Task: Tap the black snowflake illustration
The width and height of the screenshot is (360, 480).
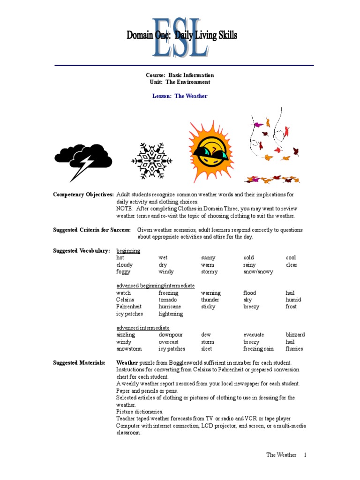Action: (151, 161)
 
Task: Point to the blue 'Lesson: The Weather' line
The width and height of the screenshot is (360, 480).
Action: (180, 96)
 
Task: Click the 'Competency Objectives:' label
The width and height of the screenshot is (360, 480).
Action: (83, 195)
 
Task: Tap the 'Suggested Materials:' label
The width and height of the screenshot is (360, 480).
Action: (79, 363)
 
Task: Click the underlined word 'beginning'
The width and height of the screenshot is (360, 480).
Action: (128, 251)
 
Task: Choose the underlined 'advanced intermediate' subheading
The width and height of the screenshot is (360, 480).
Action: (142, 328)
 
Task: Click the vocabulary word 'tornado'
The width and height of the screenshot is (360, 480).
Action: (167, 300)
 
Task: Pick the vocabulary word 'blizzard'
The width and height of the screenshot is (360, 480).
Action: (295, 335)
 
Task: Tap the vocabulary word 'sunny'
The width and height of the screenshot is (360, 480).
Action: (208, 258)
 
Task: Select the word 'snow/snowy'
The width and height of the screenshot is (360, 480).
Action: (258, 272)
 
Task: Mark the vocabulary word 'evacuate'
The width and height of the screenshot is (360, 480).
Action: (254, 335)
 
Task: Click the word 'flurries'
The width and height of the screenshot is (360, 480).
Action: (294, 349)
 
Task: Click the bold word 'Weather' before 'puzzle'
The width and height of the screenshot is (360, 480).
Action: (127, 363)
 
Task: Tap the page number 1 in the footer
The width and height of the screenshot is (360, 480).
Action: (305, 455)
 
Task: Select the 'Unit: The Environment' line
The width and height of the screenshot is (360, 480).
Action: (180, 82)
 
